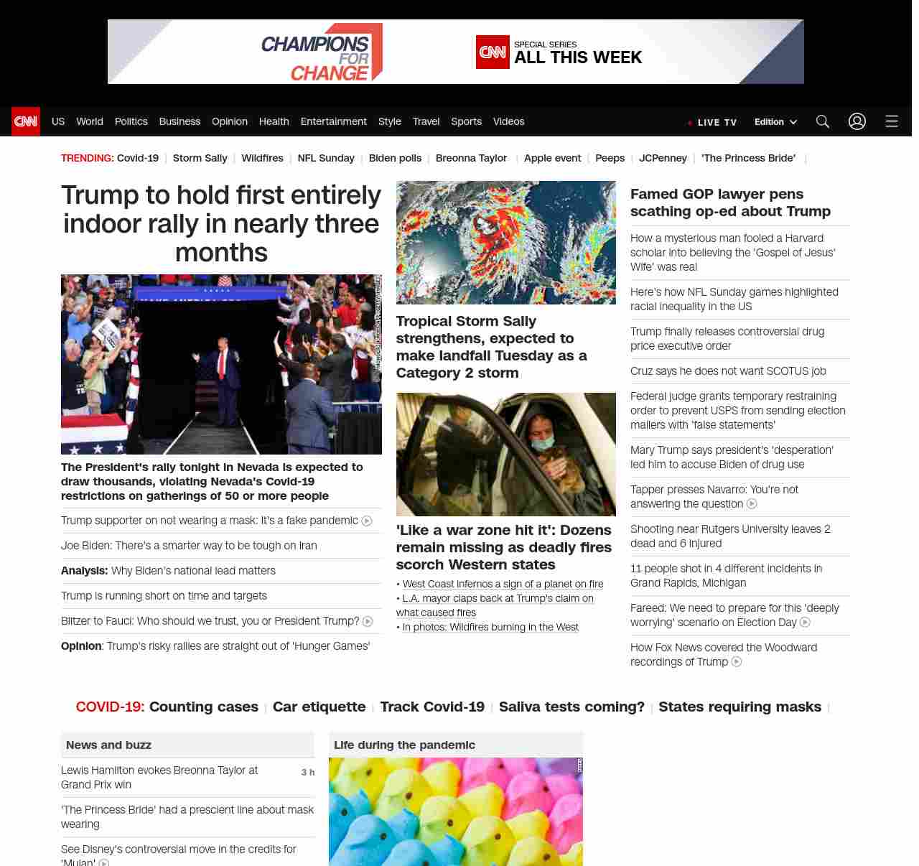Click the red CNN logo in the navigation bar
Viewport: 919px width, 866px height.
26,121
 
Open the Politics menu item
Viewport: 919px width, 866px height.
131,121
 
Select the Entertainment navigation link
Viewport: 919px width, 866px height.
333,121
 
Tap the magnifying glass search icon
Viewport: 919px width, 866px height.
823,121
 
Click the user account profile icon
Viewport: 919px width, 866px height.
857,121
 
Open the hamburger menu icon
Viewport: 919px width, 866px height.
892,121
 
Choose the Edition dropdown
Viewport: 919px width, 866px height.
775,122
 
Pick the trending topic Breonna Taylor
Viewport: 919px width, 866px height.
471,158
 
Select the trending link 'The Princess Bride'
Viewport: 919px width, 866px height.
748,158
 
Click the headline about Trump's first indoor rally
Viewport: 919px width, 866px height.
221,223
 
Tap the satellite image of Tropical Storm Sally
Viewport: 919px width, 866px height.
505,243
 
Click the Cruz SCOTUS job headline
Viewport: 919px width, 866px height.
728,371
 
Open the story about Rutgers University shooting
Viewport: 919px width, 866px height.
730,536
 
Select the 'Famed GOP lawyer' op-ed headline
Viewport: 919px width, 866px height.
730,202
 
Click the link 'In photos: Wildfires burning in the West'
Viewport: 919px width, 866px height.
490,627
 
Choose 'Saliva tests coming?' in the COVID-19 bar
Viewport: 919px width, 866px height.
572,707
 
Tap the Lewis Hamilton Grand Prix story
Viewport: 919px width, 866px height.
159,777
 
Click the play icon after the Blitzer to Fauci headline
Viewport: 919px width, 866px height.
368,621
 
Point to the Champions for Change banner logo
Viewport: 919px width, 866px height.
322,52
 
